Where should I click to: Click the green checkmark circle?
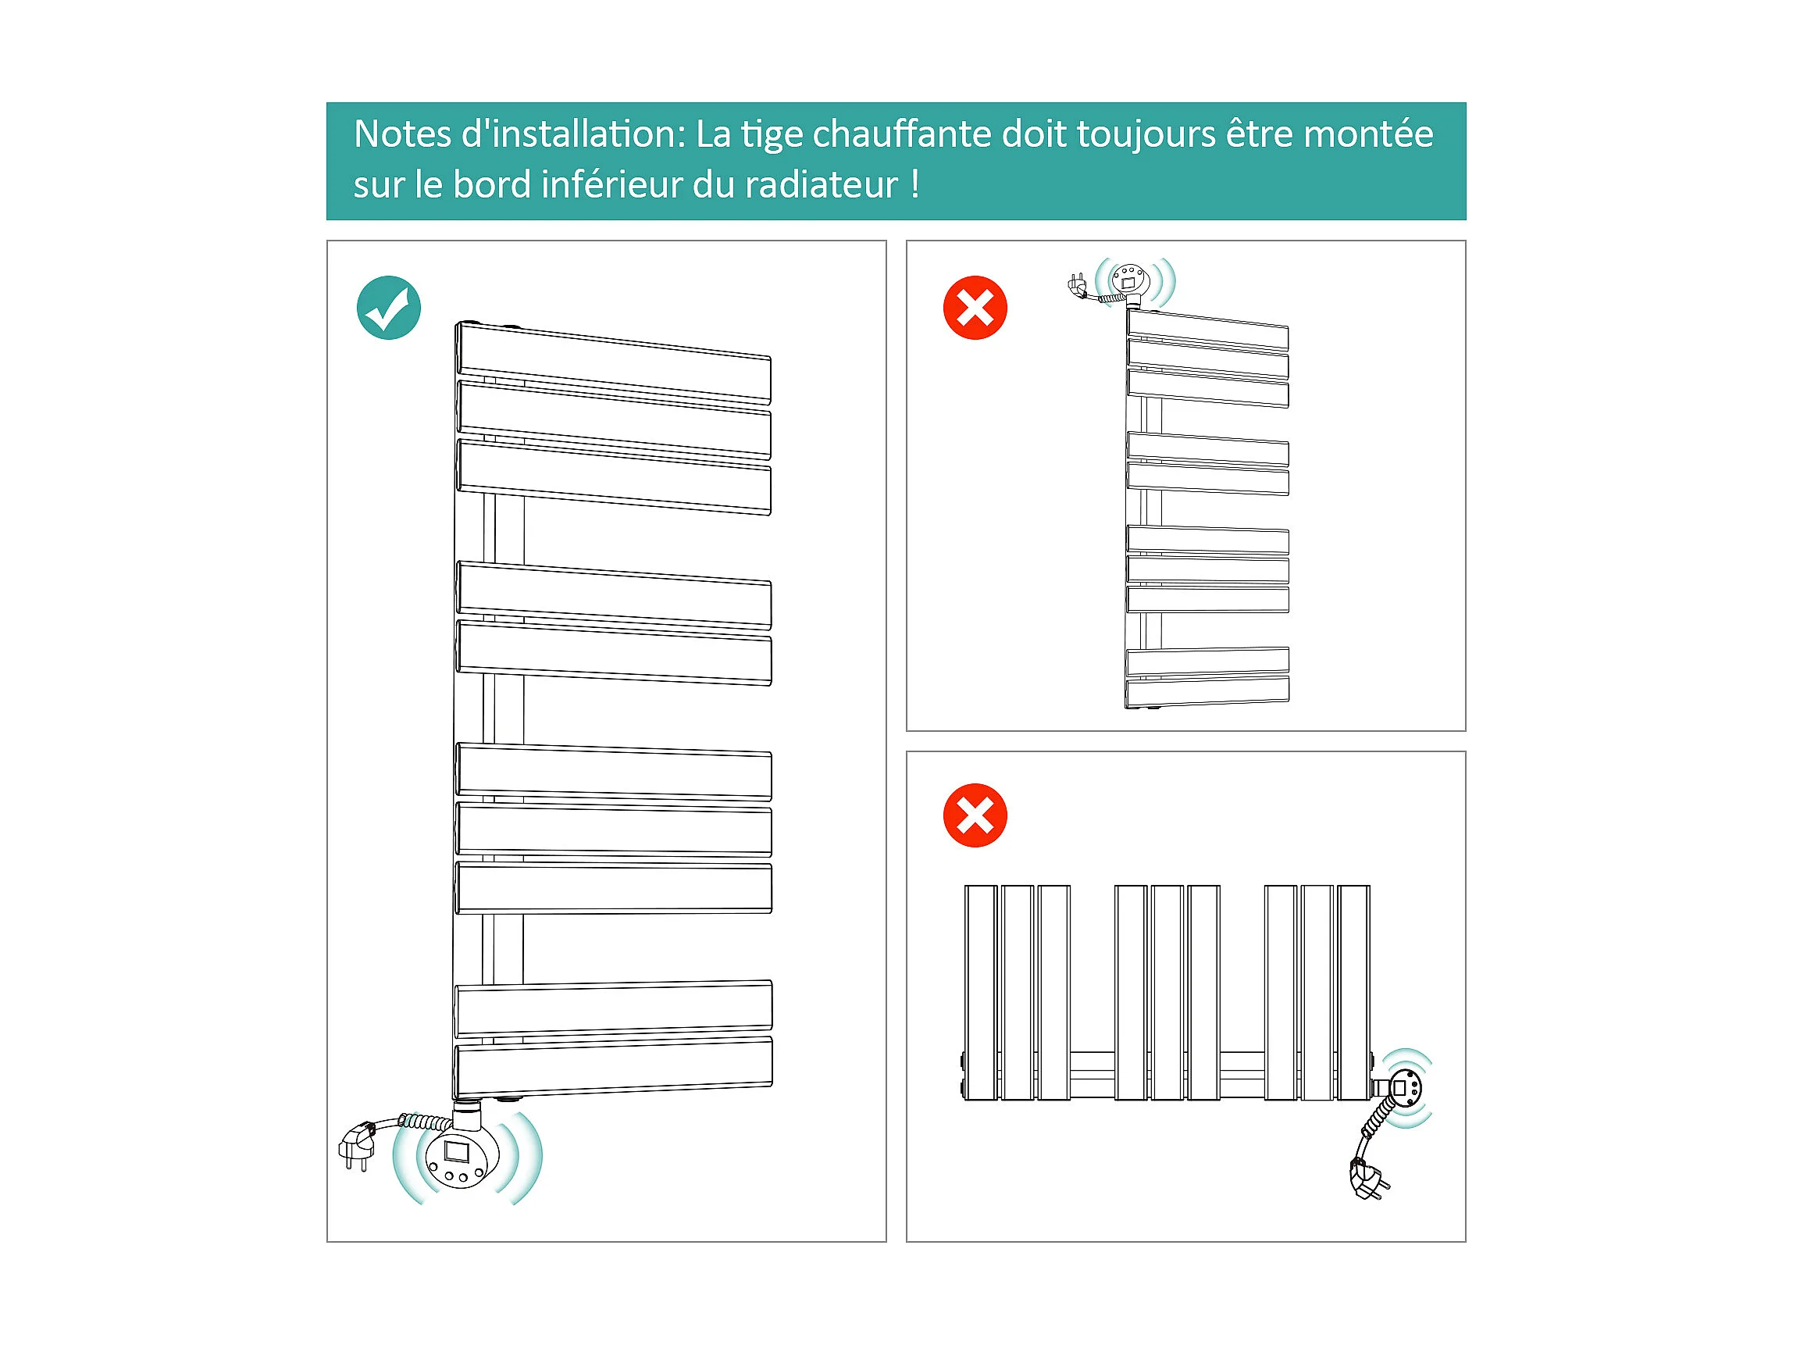pos(388,307)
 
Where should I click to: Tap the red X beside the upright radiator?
pos(975,307)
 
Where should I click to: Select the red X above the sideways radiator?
pos(975,815)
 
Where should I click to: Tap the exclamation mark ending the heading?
pos(914,185)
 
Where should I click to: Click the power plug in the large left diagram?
pos(357,1143)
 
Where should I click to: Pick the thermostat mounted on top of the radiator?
pos(1130,281)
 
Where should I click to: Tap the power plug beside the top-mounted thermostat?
pos(1078,285)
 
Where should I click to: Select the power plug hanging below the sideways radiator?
pos(1368,1179)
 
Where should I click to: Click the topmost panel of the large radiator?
pos(614,362)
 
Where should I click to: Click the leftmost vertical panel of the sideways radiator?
pos(981,991)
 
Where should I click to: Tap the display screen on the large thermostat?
pos(457,1151)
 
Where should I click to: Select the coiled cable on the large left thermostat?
pos(426,1122)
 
